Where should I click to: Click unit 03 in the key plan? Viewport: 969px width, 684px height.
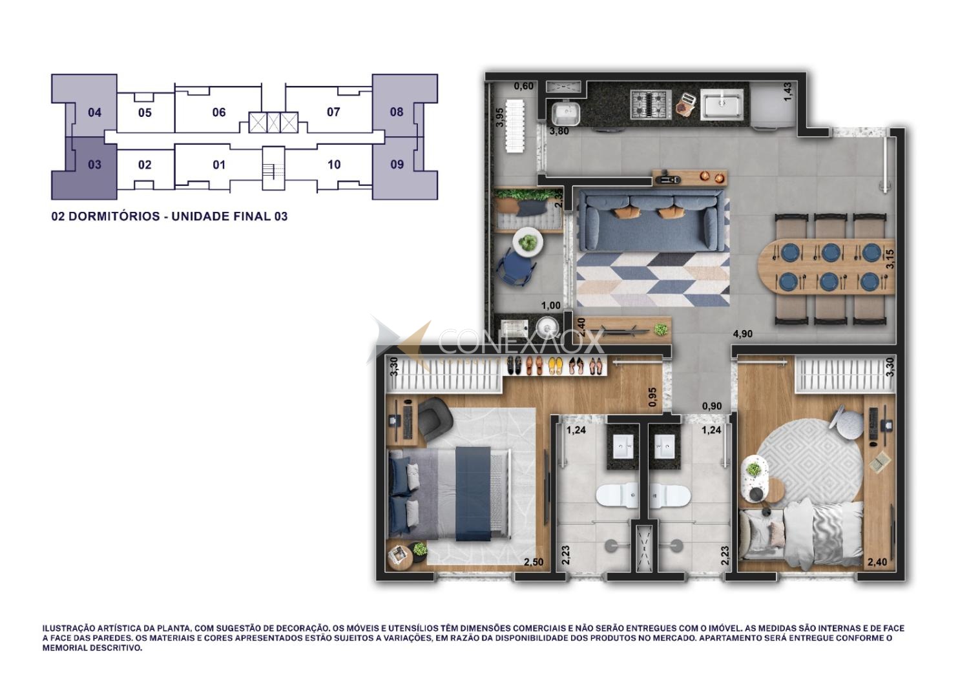point(95,165)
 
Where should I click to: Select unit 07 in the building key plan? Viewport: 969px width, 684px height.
point(333,112)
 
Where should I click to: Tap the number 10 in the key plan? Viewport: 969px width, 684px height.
point(334,165)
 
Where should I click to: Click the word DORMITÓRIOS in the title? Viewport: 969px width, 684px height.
point(114,216)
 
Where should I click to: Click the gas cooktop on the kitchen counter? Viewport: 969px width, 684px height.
point(651,104)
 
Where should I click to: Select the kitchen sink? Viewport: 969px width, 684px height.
point(722,104)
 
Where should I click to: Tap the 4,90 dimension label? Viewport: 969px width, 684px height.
point(743,334)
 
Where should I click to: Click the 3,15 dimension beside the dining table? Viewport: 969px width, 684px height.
point(890,259)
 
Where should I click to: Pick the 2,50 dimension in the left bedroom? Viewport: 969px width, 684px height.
point(534,562)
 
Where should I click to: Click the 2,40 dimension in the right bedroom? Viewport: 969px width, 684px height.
point(877,562)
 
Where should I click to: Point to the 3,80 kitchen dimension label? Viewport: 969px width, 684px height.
point(559,131)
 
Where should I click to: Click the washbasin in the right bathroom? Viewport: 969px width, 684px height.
point(664,447)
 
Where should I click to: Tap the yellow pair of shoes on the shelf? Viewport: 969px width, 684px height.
point(556,366)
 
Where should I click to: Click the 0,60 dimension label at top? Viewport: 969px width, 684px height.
point(523,86)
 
